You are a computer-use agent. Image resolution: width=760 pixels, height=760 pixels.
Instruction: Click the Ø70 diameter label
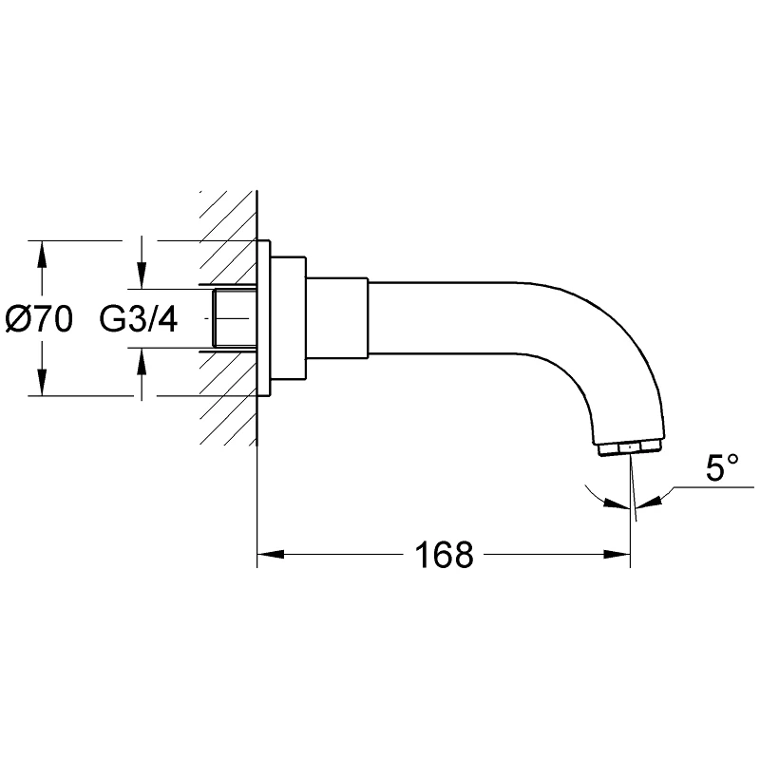click(x=39, y=319)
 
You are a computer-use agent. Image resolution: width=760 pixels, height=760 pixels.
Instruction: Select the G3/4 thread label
click(x=139, y=318)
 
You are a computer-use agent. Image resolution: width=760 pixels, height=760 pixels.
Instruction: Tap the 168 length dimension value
click(x=445, y=555)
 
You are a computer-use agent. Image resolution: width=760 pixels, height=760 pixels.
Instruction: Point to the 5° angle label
click(x=722, y=467)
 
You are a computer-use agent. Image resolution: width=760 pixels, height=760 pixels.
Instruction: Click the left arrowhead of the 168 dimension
click(x=270, y=554)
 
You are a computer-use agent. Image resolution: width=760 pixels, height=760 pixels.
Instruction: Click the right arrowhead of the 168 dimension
click(x=617, y=554)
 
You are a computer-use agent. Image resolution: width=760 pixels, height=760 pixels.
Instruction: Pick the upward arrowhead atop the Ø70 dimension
click(x=42, y=254)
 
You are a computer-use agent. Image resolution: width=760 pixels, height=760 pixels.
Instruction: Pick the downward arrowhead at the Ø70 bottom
click(x=42, y=383)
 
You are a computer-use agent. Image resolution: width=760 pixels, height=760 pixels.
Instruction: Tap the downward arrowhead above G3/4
click(x=142, y=275)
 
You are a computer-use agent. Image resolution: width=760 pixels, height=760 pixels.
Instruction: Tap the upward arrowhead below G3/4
click(x=142, y=361)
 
